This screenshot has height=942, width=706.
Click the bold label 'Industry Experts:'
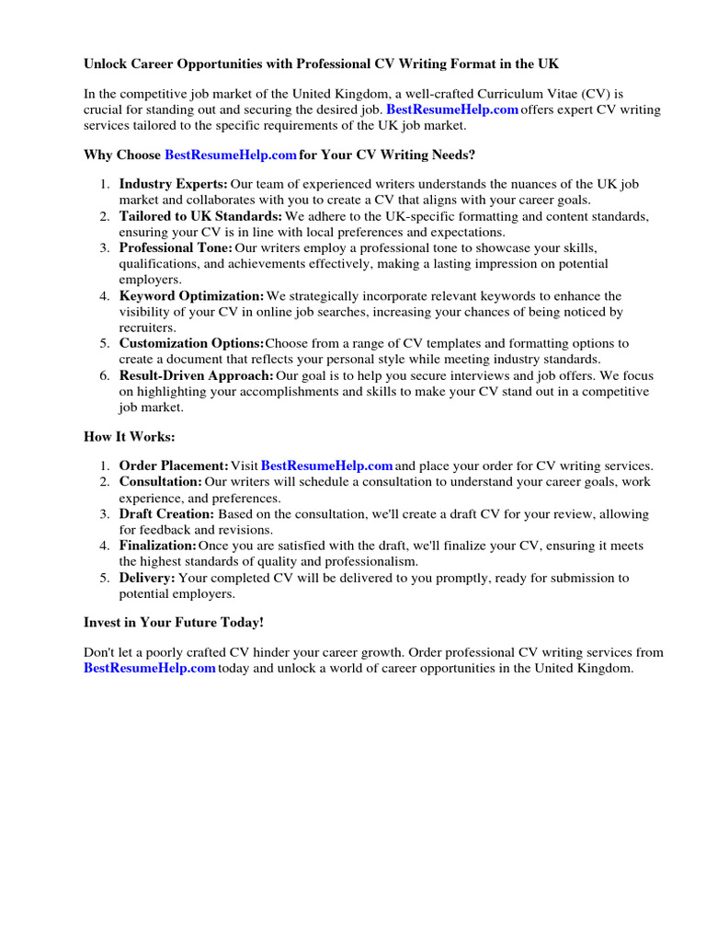[x=173, y=184]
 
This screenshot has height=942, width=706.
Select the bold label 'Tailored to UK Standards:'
[x=200, y=216]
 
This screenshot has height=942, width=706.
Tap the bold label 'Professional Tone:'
[x=176, y=248]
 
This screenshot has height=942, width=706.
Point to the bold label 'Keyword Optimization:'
[x=191, y=295]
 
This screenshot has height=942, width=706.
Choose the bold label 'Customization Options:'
[x=191, y=343]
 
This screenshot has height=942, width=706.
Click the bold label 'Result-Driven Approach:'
[x=196, y=375]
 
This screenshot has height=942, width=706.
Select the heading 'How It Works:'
[x=129, y=437]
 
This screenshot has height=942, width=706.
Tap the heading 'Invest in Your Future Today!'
[x=174, y=623]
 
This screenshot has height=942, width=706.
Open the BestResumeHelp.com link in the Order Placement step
[x=327, y=465]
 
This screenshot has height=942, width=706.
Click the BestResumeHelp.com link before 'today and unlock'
[x=149, y=669]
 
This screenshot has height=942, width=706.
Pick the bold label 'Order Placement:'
[x=174, y=465]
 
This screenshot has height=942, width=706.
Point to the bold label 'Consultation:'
[x=160, y=481]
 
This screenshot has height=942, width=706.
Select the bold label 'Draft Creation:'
[x=166, y=513]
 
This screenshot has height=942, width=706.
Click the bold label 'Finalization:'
[x=157, y=546]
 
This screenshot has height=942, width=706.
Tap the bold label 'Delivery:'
[x=146, y=578]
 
